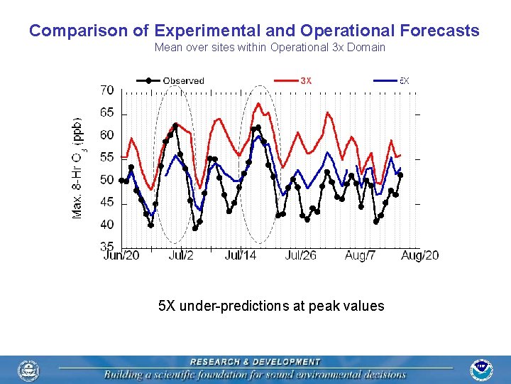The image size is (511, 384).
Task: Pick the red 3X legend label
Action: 306,80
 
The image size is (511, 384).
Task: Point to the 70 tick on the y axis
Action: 106,90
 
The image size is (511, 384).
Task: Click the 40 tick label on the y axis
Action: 106,225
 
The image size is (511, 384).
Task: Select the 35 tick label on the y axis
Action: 106,246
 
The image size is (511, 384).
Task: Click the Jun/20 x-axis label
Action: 122,255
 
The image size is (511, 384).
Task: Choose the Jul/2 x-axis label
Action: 180,255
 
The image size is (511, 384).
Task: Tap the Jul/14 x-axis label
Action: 241,255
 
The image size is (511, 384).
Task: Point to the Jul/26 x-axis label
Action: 301,255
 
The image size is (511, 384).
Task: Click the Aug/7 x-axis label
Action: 360,255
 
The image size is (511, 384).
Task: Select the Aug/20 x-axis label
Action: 420,255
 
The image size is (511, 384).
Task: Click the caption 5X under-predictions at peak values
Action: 271,306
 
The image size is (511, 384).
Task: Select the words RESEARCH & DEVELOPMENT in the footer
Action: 255,362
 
